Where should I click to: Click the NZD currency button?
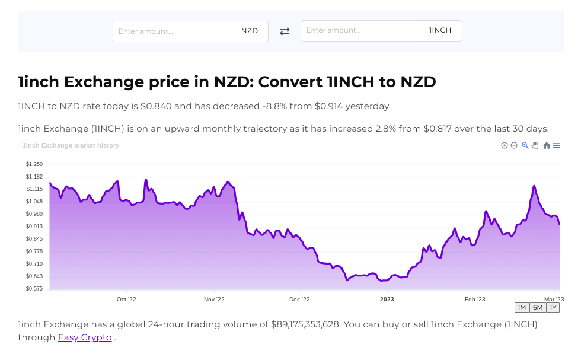(x=250, y=31)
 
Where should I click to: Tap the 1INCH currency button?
(x=440, y=31)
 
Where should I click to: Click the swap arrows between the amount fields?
(x=285, y=31)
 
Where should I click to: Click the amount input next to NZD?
(x=172, y=31)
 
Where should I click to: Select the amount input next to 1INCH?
(x=360, y=31)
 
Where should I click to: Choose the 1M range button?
(x=522, y=307)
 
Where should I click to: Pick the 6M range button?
(x=538, y=307)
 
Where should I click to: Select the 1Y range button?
(x=553, y=307)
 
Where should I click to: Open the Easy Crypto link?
(x=85, y=337)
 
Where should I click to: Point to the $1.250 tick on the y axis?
(x=34, y=164)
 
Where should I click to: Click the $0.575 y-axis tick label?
(x=34, y=289)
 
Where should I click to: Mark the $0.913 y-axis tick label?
(x=34, y=227)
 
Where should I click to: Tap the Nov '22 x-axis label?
(x=213, y=300)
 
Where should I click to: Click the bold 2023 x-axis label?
(x=387, y=300)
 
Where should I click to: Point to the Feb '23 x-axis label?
(x=475, y=300)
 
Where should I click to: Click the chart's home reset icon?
(x=547, y=145)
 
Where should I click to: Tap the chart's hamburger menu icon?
(x=556, y=145)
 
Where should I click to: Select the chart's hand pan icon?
(x=535, y=145)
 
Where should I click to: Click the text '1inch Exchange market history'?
(x=71, y=145)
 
